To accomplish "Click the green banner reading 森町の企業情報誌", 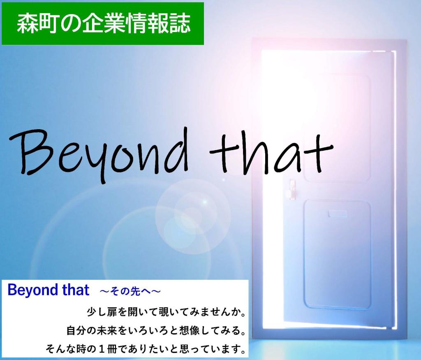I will tap(103, 23).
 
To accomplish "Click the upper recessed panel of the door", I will tap(336, 128).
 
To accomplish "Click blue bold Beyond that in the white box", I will tap(48, 290).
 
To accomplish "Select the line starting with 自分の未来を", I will tap(156, 330).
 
